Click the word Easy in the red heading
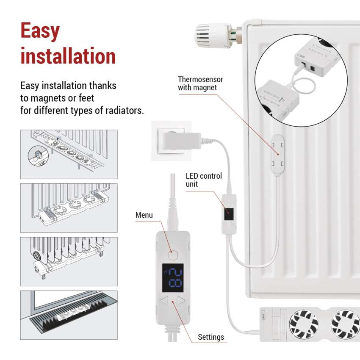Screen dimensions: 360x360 [x=40, y=32]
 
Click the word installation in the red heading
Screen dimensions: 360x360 [x=68, y=56]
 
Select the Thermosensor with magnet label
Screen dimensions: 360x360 [x=200, y=83]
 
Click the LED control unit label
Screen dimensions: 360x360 [x=204, y=180]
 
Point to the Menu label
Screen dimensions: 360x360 [x=144, y=215]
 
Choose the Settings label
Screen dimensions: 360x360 [x=211, y=337]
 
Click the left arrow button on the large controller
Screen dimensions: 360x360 [x=165, y=301]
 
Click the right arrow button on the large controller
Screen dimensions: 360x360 [x=181, y=301]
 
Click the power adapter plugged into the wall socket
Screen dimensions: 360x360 [x=180, y=141]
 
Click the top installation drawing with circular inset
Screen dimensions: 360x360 [x=69, y=154]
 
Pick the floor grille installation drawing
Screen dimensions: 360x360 [x=69, y=315]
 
